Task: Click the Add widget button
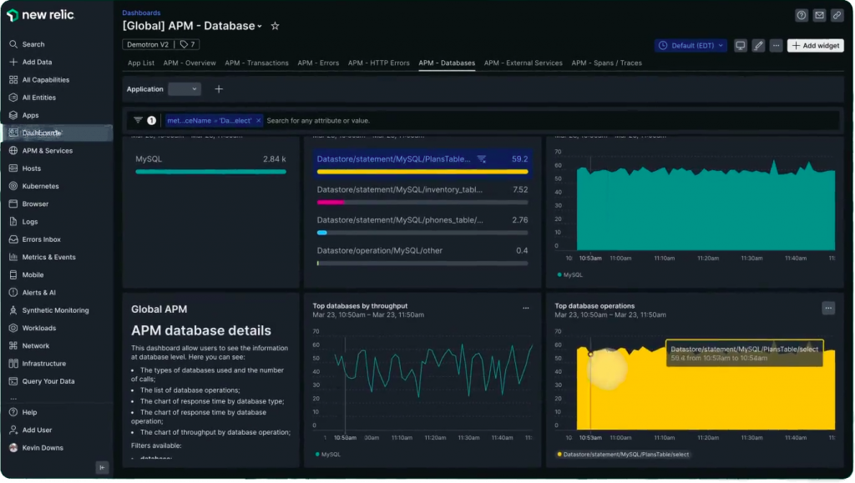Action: (816, 46)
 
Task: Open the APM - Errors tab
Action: (318, 63)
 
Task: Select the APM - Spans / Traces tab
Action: (606, 63)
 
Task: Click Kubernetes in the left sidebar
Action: (40, 186)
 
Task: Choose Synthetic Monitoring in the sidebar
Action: (55, 310)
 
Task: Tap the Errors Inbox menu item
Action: (42, 239)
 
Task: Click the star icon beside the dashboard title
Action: (275, 26)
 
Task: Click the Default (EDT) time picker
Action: (691, 46)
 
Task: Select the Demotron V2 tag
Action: (147, 44)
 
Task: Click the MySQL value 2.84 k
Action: (274, 158)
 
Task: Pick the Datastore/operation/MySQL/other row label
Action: (379, 250)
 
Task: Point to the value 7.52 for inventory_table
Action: (519, 189)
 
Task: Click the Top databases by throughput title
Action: (360, 306)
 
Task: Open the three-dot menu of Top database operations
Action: (828, 308)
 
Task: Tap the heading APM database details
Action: (201, 330)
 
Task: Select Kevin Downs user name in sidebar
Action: (43, 448)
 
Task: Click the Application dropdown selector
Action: (185, 89)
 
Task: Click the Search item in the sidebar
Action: (33, 44)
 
